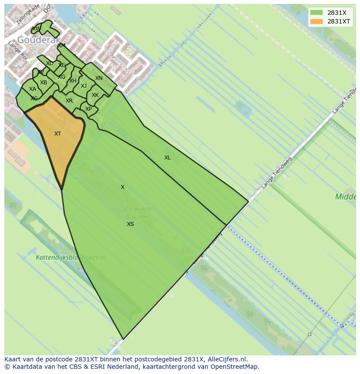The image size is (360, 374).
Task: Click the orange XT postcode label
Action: click(57, 134)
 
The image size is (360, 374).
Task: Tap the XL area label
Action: click(167, 158)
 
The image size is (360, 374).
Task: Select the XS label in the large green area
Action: click(130, 224)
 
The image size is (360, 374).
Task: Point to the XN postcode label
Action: click(99, 78)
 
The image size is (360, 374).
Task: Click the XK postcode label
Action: click(95, 95)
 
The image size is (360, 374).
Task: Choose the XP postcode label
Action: click(88, 109)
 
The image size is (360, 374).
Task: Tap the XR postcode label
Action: click(69, 101)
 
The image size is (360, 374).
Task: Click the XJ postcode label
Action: click(83, 86)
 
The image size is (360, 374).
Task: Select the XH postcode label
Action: click(73, 81)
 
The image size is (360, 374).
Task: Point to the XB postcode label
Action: click(43, 83)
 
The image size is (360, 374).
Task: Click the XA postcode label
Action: click(33, 89)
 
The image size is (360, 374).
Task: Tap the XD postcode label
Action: click(50, 63)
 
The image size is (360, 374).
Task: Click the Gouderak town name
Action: click(39, 40)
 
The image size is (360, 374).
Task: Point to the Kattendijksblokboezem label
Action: click(70, 257)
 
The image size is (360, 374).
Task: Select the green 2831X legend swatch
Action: click(317, 13)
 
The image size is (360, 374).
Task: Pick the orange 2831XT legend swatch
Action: click(317, 21)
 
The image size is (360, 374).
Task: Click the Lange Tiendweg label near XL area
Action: click(277, 172)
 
